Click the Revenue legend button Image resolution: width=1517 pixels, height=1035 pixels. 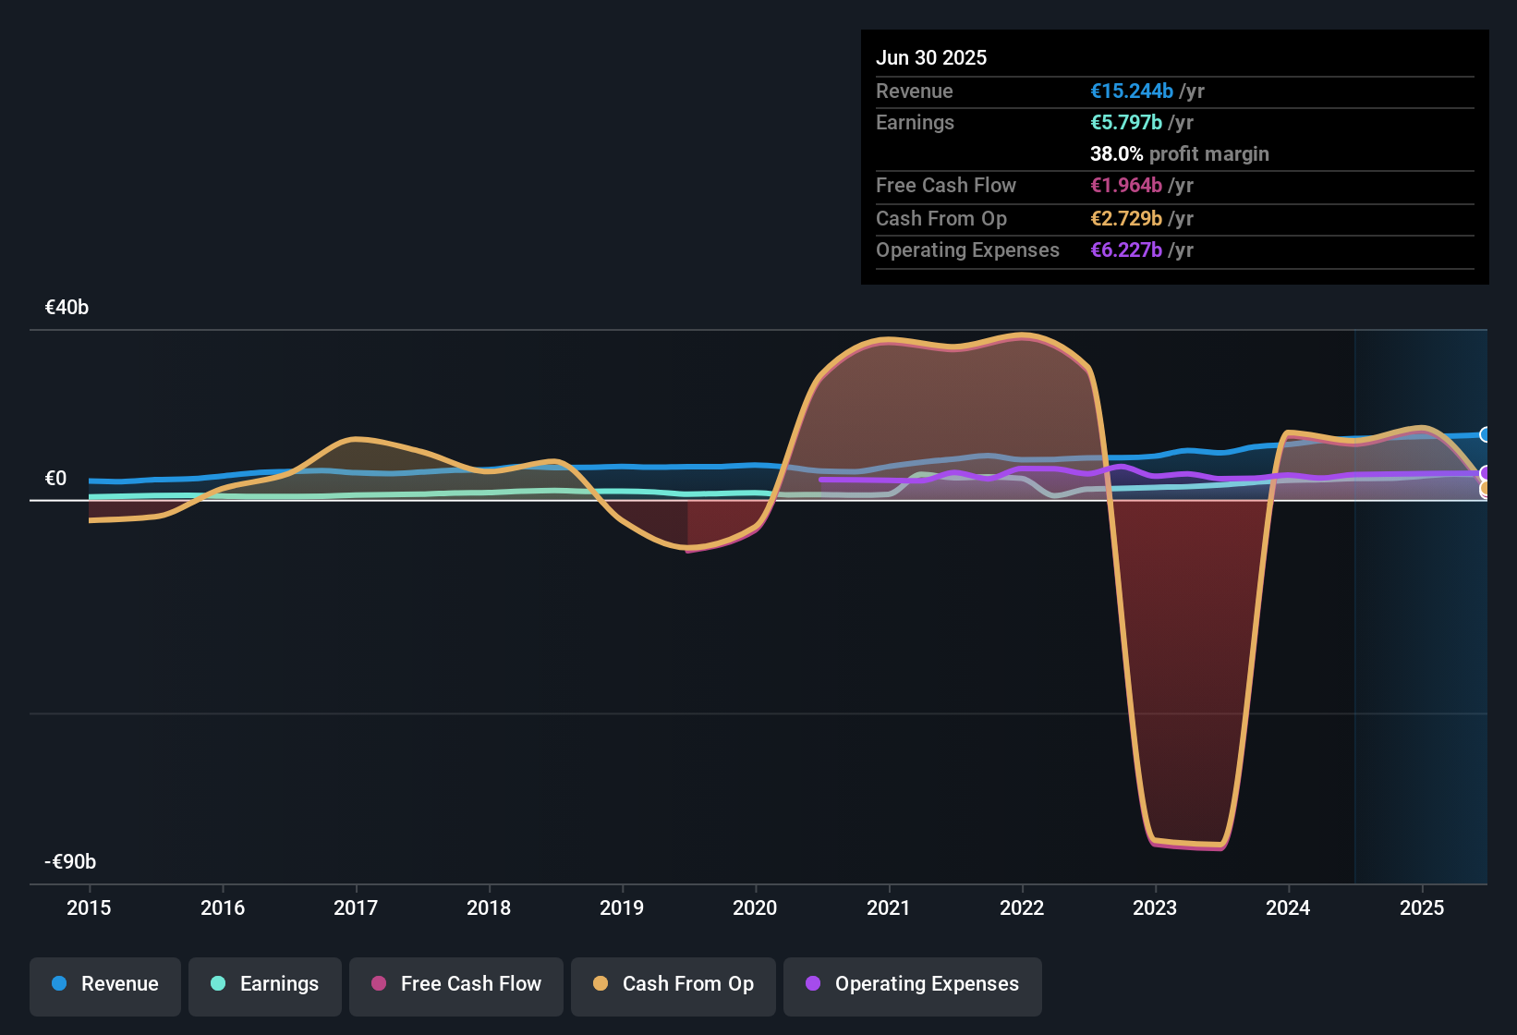click(x=105, y=984)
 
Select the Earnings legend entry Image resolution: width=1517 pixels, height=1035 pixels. click(x=265, y=984)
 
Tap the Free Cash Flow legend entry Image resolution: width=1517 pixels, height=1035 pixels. click(x=456, y=984)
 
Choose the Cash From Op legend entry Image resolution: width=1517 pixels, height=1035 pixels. click(x=674, y=984)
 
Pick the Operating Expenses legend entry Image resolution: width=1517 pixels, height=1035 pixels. click(x=913, y=984)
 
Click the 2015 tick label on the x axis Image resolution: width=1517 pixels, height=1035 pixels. click(x=89, y=907)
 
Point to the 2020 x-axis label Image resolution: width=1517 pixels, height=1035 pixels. click(x=755, y=907)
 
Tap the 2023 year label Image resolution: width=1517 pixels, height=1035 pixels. click(x=1155, y=907)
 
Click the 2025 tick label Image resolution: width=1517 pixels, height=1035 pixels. click(x=1422, y=907)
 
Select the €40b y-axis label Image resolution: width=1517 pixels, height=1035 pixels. click(x=67, y=308)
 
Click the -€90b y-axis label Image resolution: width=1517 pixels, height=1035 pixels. click(x=70, y=862)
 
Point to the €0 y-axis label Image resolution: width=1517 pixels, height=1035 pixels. click(x=55, y=479)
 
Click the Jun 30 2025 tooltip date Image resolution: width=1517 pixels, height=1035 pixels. click(x=931, y=57)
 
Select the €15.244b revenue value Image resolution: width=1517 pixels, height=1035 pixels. click(x=1132, y=91)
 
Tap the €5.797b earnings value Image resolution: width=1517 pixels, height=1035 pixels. click(x=1126, y=123)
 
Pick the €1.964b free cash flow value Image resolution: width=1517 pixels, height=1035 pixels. click(x=1126, y=186)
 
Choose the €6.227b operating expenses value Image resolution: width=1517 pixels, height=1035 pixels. click(x=1126, y=250)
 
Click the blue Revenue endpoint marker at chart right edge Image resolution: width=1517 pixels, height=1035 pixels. click(x=1485, y=434)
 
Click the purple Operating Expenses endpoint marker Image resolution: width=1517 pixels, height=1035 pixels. click(x=1485, y=473)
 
